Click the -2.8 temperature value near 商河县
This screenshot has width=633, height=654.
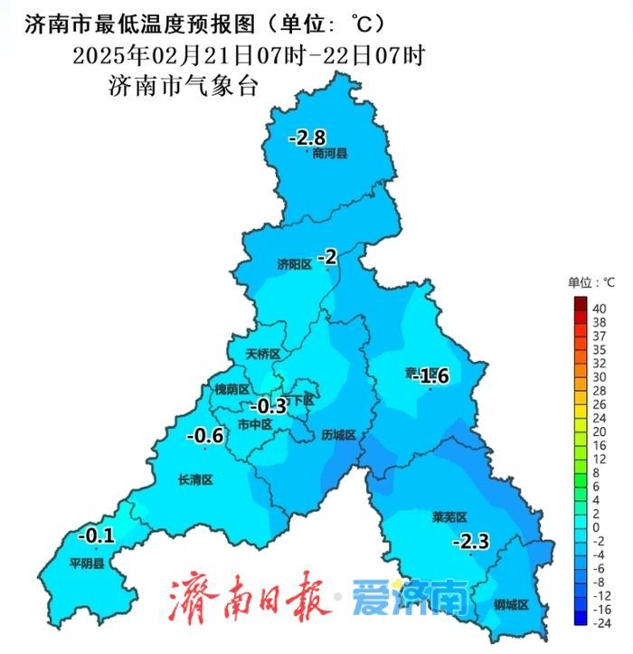(x=307, y=138)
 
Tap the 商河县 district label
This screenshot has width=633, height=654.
(x=330, y=154)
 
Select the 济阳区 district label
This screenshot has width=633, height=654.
(x=294, y=264)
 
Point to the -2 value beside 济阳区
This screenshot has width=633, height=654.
(x=327, y=258)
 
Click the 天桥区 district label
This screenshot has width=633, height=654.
(x=263, y=355)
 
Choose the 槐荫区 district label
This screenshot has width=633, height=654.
(x=231, y=389)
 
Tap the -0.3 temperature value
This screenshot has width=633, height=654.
(x=268, y=404)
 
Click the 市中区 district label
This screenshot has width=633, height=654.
(x=254, y=423)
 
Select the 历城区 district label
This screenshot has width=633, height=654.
(x=339, y=435)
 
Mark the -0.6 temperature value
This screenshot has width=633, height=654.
(x=204, y=437)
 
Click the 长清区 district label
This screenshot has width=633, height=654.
(x=194, y=479)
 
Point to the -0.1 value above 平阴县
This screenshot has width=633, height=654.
(x=96, y=536)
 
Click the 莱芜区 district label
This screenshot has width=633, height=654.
(x=449, y=517)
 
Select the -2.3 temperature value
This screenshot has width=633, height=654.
(x=470, y=542)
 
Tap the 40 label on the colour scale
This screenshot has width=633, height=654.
(x=599, y=308)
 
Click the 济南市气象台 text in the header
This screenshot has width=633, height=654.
(x=184, y=87)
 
